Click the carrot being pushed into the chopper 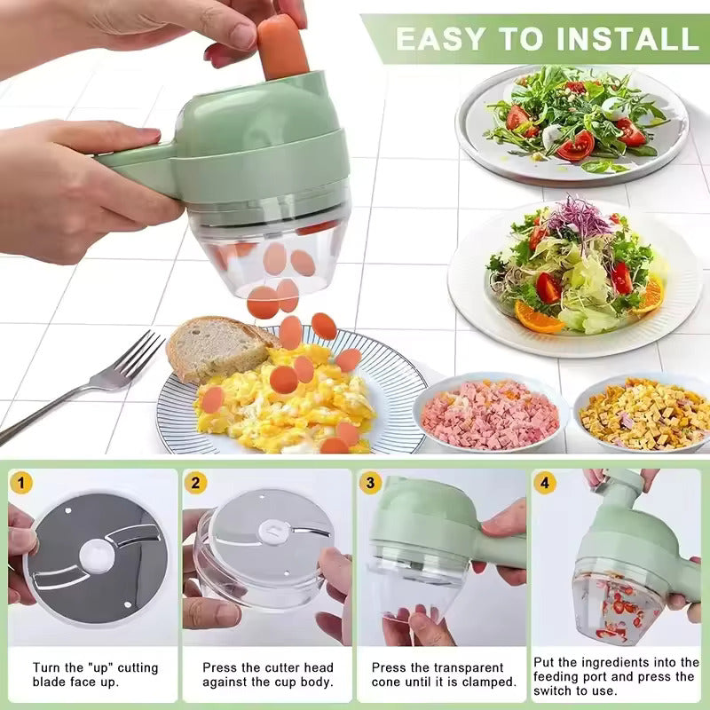pyautogui.click(x=282, y=46)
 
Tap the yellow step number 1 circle pyautogui.click(x=21, y=483)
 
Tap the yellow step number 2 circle pyautogui.click(x=196, y=483)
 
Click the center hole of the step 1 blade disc pyautogui.click(x=96, y=556)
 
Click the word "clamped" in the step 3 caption pyautogui.click(x=484, y=682)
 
